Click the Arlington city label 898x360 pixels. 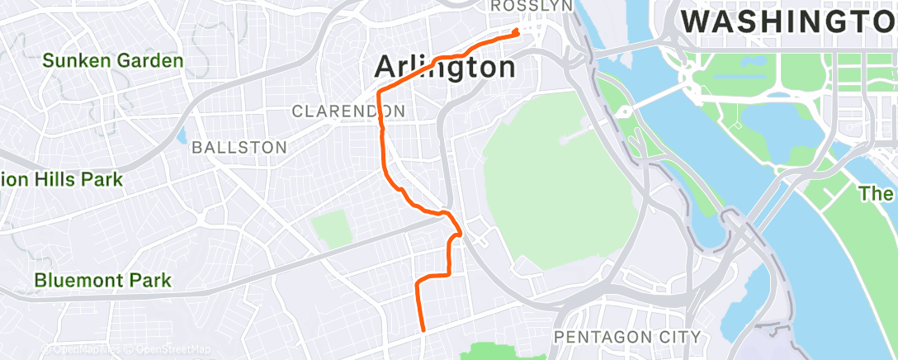click(446, 66)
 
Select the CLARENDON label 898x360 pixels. click(348, 111)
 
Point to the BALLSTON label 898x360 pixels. click(239, 148)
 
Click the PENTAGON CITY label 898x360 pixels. click(627, 337)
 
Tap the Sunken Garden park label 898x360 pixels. click(113, 60)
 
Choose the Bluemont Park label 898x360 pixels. click(102, 281)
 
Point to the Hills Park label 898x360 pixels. click(62, 179)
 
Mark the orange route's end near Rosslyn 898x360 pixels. click(517, 32)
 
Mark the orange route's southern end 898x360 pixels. click(423, 330)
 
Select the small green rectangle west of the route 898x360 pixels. click(333, 229)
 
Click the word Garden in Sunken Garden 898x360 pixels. click(149, 60)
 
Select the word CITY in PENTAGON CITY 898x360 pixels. click(681, 337)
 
